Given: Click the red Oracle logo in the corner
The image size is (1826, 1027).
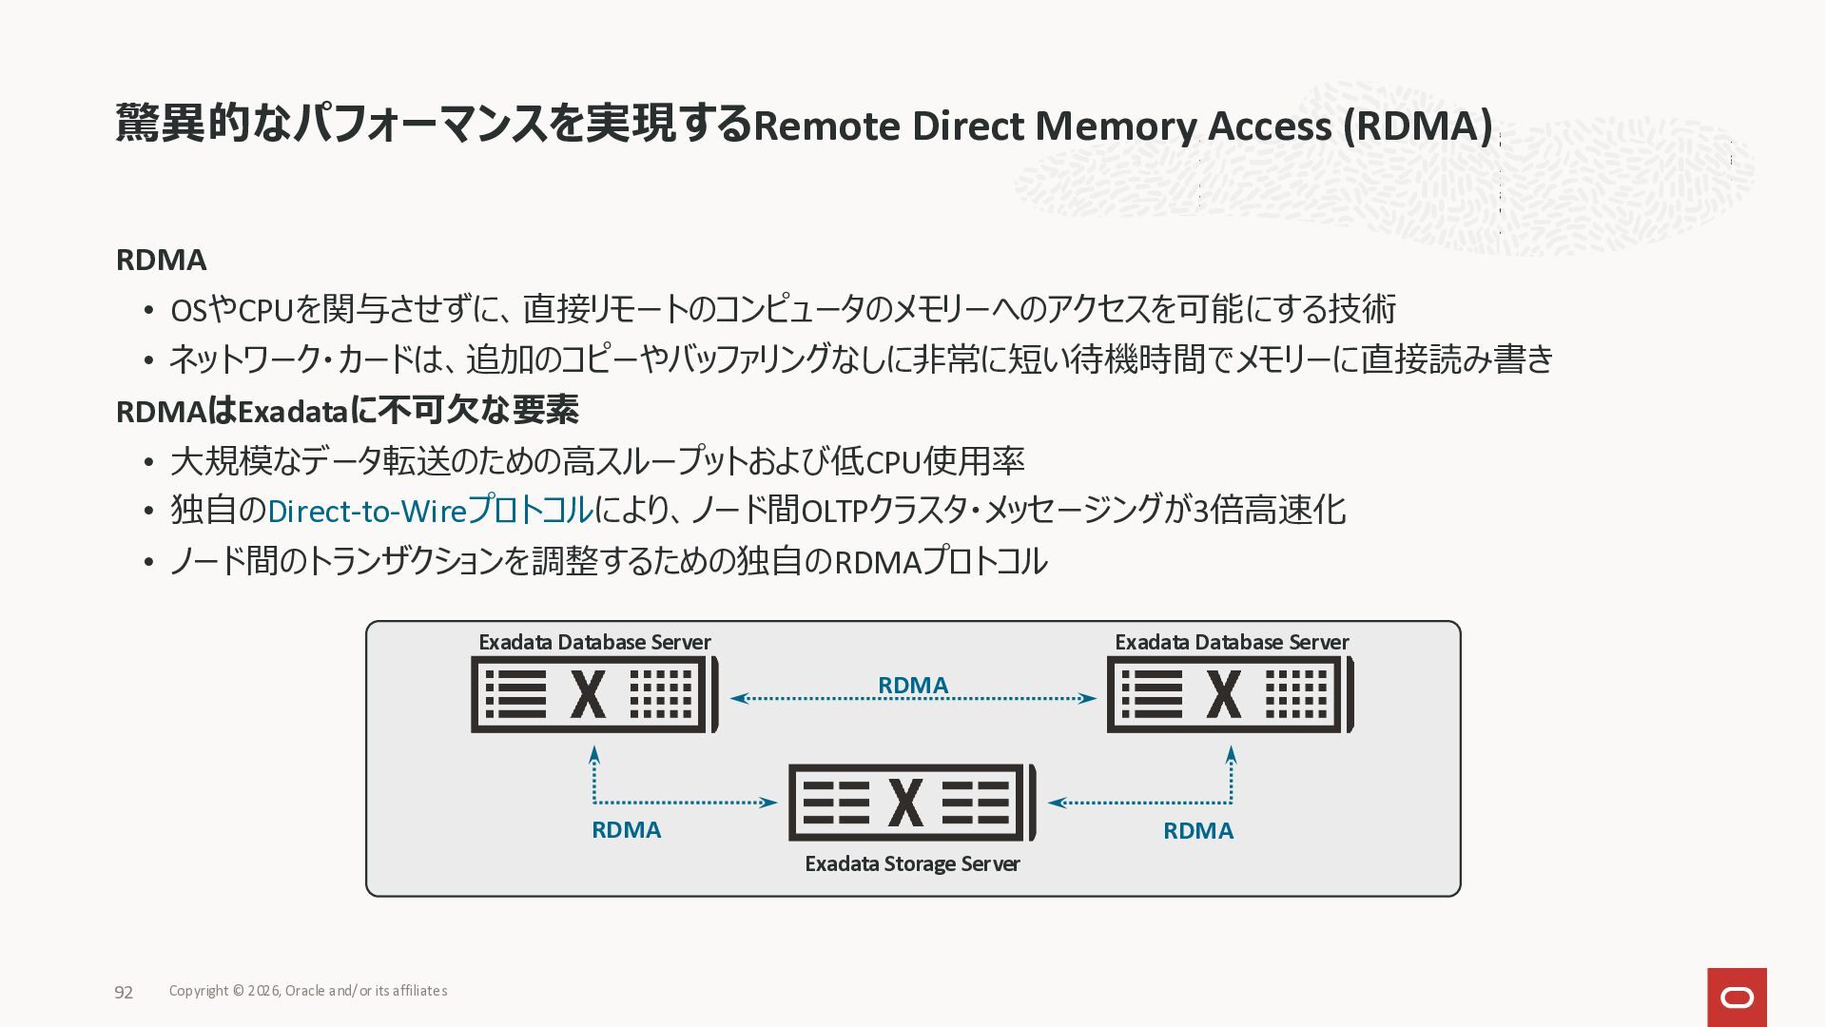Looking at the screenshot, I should tap(1737, 997).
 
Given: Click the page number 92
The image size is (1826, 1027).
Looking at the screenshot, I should tap(124, 992).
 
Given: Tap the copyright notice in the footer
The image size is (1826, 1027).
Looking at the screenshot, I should tap(308, 991).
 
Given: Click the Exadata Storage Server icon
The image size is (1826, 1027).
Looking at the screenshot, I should tap(911, 803).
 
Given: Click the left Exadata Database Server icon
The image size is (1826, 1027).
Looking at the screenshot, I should tap(594, 695).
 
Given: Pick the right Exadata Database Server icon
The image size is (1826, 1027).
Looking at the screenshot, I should tap(1230, 695).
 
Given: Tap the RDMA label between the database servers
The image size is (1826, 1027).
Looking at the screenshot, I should tap(913, 685).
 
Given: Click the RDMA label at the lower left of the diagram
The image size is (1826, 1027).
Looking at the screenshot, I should tap(626, 830).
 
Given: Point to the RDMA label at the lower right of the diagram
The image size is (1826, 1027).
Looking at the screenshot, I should tap(1198, 831).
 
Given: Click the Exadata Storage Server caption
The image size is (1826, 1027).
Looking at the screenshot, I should tap(912, 863).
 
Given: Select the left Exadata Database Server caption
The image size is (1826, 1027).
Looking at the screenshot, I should tap(594, 642).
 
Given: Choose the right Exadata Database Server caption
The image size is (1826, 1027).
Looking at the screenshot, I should tap(1232, 642).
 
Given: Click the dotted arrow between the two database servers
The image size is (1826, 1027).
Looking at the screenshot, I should tap(913, 699).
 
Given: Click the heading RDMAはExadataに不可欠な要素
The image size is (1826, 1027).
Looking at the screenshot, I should tap(347, 411).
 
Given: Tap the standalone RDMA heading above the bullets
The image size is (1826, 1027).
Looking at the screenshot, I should tap(161, 260).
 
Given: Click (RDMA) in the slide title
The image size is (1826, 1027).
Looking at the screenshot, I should tap(1417, 126).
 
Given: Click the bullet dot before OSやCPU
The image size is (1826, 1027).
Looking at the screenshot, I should tap(148, 310).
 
